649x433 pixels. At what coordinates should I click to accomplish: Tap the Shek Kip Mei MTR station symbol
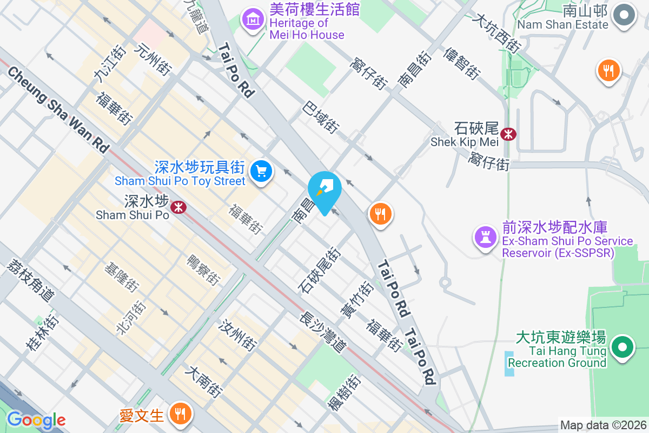click(x=508, y=133)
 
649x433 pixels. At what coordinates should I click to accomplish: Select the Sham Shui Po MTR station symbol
click(x=177, y=207)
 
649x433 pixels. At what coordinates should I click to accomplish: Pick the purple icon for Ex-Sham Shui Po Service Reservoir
click(x=486, y=236)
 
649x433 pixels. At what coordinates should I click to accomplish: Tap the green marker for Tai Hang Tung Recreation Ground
click(x=622, y=347)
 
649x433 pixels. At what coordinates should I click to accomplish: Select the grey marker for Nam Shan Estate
click(x=625, y=17)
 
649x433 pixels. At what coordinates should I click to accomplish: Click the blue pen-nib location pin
click(x=325, y=189)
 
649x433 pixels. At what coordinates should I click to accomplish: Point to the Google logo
click(x=36, y=420)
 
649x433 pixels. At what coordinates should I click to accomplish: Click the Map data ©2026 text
click(x=603, y=425)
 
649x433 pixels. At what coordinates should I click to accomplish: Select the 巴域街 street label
click(x=321, y=116)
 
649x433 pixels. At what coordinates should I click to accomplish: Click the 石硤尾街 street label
click(x=320, y=270)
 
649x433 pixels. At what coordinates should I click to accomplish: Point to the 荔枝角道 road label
click(x=32, y=280)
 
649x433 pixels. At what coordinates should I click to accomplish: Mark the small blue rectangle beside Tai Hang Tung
click(x=510, y=363)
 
